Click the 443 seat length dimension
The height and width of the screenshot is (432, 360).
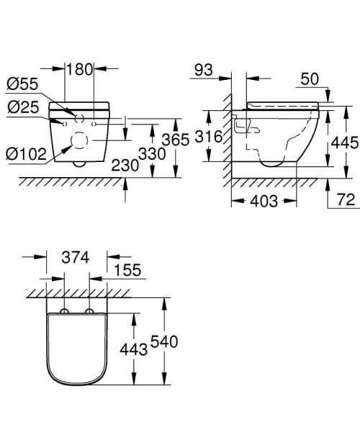134,349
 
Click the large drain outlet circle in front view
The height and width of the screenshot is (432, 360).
77,146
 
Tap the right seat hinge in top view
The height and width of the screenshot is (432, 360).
89,312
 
